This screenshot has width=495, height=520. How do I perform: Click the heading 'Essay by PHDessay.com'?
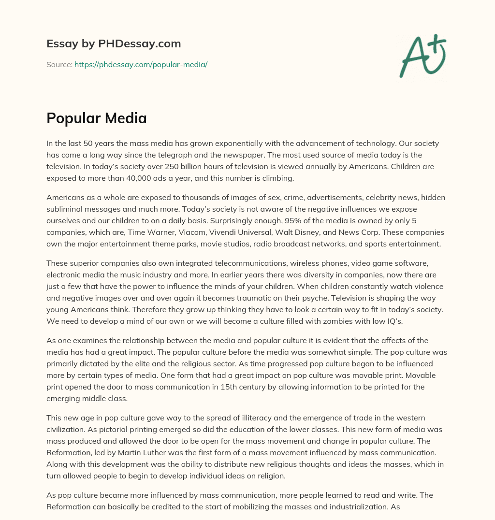[x=114, y=44]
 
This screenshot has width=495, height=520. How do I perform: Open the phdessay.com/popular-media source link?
[x=141, y=64]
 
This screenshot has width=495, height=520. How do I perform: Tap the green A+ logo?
[x=422, y=56]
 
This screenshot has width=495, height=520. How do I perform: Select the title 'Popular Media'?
[x=97, y=118]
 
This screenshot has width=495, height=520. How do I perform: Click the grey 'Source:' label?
[x=59, y=64]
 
